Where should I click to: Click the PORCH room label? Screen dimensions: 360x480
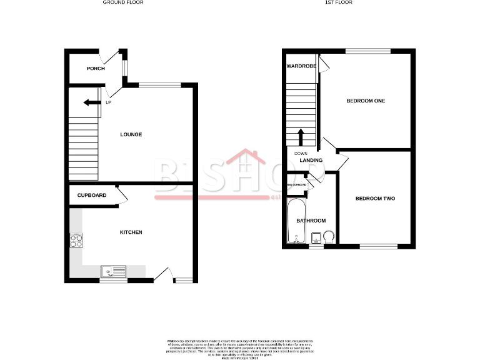pos(96,69)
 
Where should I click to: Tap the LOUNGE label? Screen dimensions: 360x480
pos(131,134)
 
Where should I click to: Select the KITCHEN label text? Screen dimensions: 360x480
pos(131,232)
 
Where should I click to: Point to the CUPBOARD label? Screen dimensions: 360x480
pos(92,196)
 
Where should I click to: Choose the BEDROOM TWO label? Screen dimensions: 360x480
pos(375,199)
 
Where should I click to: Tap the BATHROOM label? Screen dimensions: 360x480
pos(311,221)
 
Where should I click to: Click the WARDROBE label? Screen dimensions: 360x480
pos(301,66)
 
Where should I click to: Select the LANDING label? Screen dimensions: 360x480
pos(311,161)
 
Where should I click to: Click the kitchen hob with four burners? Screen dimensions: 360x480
pos(77,241)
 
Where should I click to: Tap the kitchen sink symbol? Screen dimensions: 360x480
pos(114,271)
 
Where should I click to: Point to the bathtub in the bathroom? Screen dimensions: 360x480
pos(294,222)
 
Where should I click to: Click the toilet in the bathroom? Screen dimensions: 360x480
pos(329,236)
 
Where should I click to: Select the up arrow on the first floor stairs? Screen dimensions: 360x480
pos(302,137)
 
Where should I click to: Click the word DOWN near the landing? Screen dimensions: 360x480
pos(301,153)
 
